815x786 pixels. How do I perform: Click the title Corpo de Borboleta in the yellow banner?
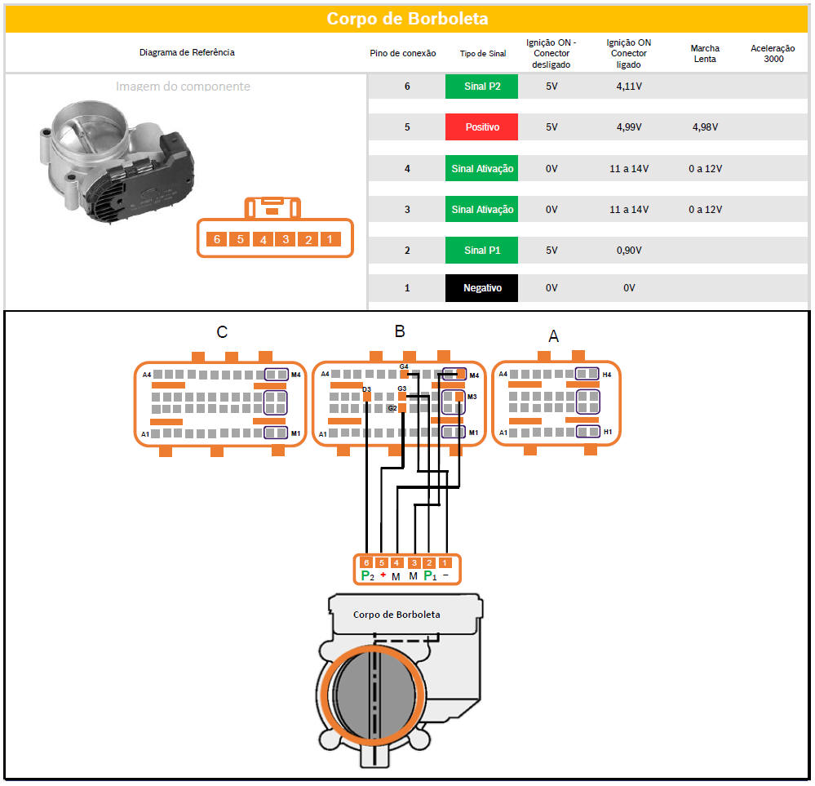407,19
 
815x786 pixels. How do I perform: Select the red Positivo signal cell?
481,127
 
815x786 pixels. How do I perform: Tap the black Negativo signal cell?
481,287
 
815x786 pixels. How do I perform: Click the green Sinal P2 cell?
481,87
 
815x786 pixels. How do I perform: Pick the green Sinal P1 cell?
481,251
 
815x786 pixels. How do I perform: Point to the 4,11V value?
629,87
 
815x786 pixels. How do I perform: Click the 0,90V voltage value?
629,251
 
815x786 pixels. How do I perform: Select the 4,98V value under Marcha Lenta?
705,127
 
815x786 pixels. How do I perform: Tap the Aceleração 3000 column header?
773,53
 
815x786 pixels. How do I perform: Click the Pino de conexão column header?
403,53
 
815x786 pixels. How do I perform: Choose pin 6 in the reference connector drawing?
217,239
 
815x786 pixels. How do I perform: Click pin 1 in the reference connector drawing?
330,239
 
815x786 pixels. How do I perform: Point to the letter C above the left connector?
222,332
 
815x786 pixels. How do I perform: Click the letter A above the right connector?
554,336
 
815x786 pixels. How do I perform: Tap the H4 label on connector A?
607,375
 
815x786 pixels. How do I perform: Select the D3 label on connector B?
366,389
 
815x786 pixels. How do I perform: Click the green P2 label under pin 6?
367,576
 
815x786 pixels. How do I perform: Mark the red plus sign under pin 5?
383,575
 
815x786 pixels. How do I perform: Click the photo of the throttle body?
116,162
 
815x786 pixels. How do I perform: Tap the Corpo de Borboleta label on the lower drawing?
396,615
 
